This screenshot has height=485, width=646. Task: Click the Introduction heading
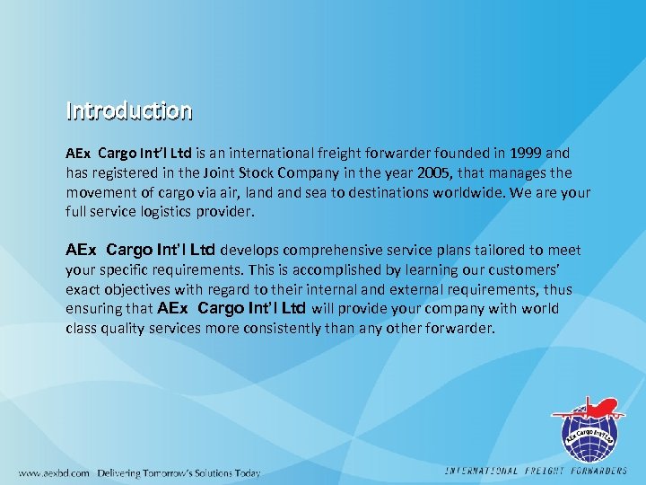[x=129, y=111]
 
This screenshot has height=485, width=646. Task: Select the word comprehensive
[x=327, y=250]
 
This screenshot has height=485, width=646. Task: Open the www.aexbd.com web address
[x=54, y=472]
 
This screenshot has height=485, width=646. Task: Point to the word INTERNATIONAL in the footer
[x=482, y=472]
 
